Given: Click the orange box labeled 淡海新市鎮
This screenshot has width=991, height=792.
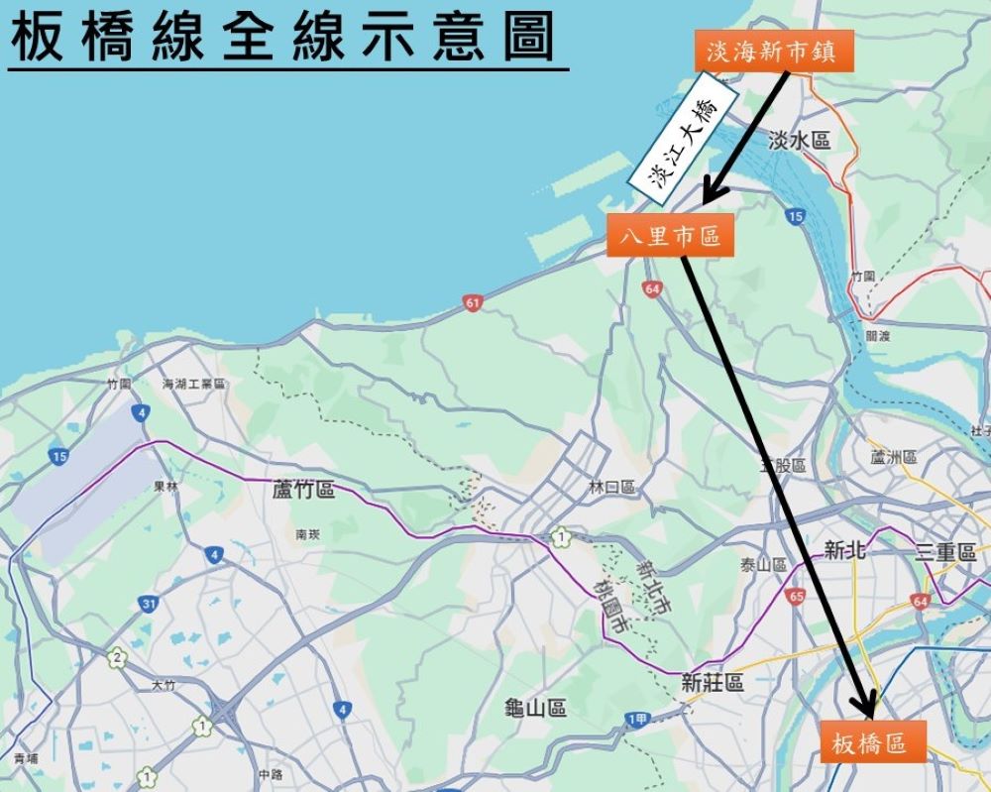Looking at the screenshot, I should point(766,52).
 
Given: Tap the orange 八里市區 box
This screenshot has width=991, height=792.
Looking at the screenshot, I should point(670,237).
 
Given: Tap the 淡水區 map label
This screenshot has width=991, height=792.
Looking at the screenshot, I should point(799,141).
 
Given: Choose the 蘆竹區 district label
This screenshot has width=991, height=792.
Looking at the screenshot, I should point(303,490).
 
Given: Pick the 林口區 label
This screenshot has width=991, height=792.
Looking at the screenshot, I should point(611,487).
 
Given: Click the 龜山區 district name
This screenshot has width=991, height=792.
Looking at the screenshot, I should point(535,708).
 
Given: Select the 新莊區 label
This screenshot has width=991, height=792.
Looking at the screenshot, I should point(713,682).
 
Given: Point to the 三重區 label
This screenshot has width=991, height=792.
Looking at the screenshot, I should point(946,553).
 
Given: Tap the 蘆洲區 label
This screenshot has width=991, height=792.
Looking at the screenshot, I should point(895,457).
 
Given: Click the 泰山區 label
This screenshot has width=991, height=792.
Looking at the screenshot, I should point(763,565).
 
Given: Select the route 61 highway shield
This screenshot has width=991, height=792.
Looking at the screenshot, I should point(473,302).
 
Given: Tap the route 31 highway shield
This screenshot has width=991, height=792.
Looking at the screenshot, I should point(149,604).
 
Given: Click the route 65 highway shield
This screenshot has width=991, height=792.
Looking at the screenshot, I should point(796,596).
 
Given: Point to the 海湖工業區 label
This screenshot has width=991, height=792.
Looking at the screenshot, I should point(194,384).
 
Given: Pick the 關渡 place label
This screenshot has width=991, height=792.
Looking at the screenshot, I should point(878,336).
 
